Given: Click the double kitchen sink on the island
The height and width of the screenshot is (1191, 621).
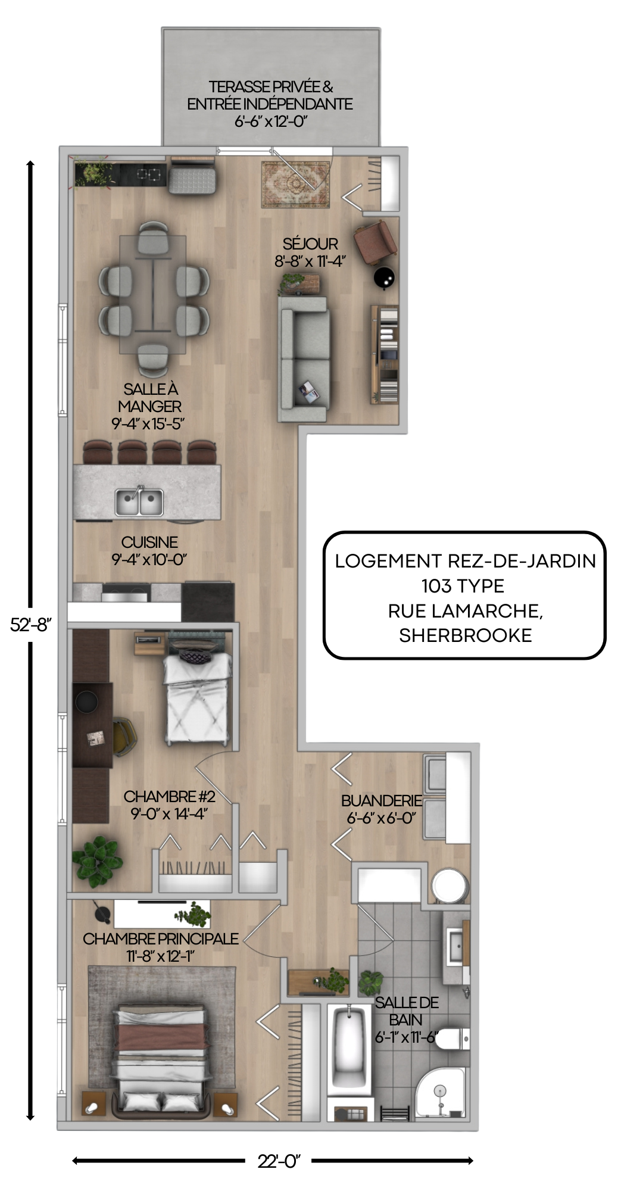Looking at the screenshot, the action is coord(139,501).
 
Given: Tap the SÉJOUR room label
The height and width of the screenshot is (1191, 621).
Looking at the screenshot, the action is coord(310,244).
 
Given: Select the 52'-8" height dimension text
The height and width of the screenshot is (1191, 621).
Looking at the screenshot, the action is coord(31,625).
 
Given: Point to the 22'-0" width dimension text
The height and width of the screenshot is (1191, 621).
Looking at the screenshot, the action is coord(279,1161).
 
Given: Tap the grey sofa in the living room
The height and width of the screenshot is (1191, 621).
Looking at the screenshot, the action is coord(304,358).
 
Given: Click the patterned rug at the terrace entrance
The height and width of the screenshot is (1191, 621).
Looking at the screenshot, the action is coord(296,185).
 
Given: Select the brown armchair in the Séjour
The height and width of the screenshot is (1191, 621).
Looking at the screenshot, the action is coord(375,241).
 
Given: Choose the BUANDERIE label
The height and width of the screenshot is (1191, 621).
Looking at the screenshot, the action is coord(382,800).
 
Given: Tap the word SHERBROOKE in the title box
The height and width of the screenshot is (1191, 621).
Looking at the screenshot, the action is coord(465,635).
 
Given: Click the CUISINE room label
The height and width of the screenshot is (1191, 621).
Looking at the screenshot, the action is coord(149,542).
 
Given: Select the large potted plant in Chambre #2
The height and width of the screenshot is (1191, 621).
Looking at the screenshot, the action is coord(98,862).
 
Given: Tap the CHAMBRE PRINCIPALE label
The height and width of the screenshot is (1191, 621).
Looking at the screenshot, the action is coord(161,939).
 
